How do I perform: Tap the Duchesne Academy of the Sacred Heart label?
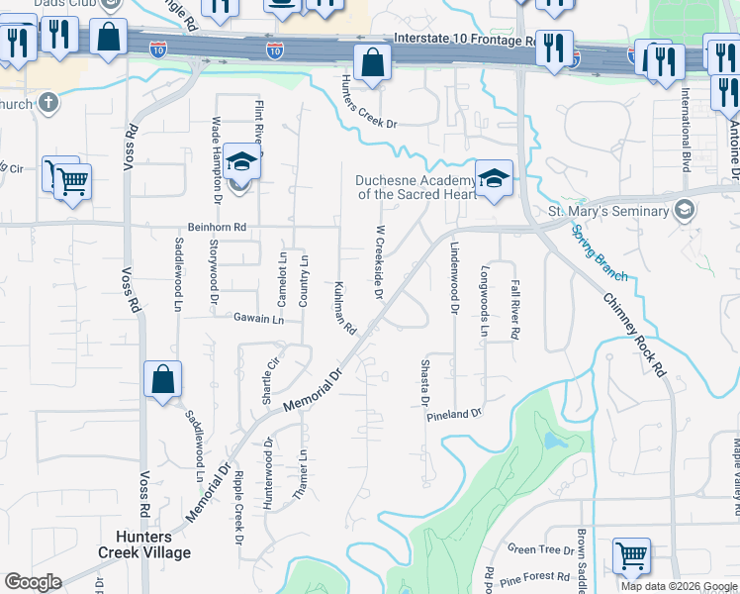click(411, 187)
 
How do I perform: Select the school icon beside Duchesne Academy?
click(494, 179)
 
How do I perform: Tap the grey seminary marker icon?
click(684, 211)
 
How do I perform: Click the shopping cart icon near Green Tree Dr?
click(631, 556)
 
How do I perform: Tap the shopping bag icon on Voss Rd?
click(162, 380)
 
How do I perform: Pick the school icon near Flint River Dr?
click(241, 160)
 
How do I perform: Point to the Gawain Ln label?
click(259, 320)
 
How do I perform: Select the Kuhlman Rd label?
click(344, 307)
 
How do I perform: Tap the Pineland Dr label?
click(453, 413)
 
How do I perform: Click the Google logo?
click(33, 582)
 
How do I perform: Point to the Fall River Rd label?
click(515, 309)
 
